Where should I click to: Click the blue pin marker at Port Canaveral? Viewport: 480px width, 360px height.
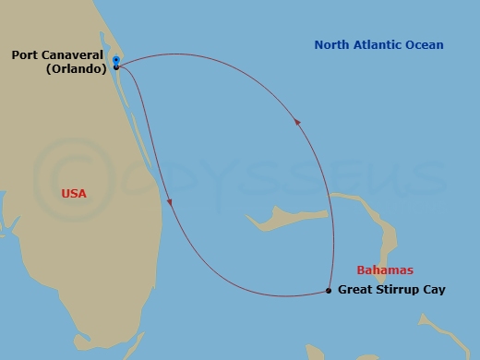tap(115, 62)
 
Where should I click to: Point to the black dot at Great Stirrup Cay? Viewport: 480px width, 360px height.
tap(330, 291)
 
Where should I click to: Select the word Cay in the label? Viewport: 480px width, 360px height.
tap(436, 290)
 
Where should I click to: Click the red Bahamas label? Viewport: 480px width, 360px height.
tap(386, 270)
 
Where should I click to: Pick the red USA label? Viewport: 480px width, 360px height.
tap(75, 194)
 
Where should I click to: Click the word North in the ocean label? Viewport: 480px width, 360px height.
tap(333, 44)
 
